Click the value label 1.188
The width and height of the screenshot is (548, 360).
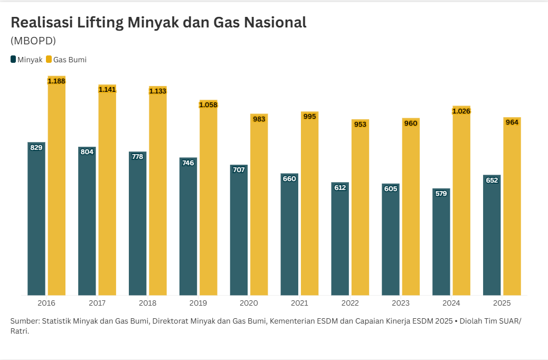[x=56, y=81]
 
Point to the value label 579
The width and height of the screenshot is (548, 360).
[x=441, y=194]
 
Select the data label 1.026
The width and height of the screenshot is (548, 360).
[x=461, y=111]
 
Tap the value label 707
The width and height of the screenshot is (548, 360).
[x=239, y=169]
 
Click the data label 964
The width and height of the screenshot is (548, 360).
[x=512, y=122]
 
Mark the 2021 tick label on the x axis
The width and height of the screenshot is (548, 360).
[x=299, y=304]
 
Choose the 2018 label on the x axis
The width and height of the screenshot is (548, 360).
[x=147, y=304]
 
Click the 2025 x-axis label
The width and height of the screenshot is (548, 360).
[x=502, y=304]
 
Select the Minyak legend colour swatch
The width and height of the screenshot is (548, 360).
[x=13, y=60]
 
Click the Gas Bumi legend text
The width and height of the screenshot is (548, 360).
[x=70, y=60]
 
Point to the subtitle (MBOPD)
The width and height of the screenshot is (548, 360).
[x=33, y=41]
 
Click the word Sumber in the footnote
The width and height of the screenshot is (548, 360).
[x=24, y=321]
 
